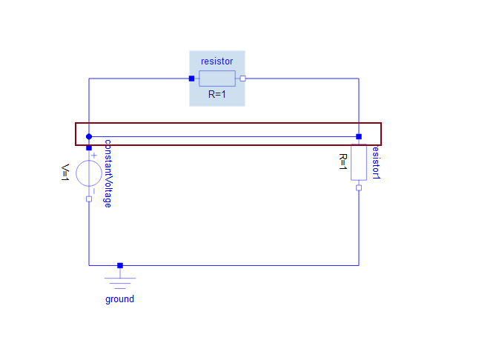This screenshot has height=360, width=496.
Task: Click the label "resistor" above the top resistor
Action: [x=217, y=61]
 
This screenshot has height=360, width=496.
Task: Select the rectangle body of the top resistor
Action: [x=217, y=79]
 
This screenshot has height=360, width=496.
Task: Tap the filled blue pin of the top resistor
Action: [x=192, y=79]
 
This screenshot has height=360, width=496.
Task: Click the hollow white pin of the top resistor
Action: [x=242, y=79]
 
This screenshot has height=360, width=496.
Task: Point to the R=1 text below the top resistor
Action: [x=217, y=94]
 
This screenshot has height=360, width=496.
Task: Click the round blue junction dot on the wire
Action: [x=89, y=136]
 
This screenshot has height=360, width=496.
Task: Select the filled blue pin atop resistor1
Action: [x=359, y=136]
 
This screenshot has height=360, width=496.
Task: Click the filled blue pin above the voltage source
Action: [x=89, y=148]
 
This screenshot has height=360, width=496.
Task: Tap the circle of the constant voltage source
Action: [x=89, y=173]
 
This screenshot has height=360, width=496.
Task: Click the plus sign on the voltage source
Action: [x=94, y=156]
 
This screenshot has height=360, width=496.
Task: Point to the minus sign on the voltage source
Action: [x=94, y=191]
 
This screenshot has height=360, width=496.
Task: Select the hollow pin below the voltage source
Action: [x=89, y=199]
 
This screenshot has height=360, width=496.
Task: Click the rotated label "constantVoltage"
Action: [x=108, y=173]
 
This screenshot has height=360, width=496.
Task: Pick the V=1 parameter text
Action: [x=65, y=173]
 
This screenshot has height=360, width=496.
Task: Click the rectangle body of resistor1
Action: [x=359, y=162]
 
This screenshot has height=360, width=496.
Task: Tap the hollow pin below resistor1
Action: [x=359, y=187]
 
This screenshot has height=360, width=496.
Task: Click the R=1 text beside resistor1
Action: [x=343, y=161]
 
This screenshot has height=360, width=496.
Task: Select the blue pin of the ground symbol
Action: [x=120, y=265]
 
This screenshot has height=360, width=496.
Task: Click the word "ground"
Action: [x=119, y=299]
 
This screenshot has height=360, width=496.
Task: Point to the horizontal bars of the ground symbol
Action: [x=120, y=283]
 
